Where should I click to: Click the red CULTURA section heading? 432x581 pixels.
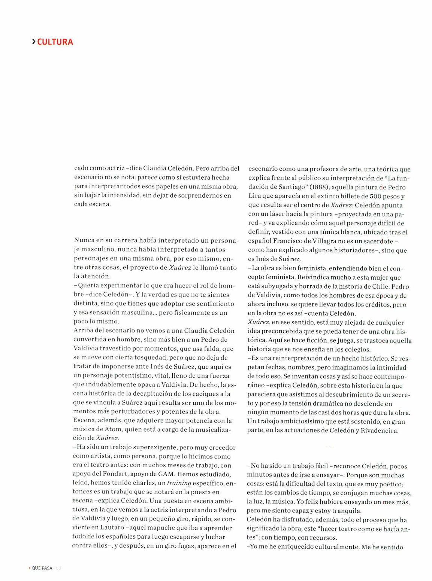click(55, 42)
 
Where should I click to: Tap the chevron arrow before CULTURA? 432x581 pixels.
click(34, 42)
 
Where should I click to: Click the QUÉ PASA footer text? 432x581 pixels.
click(42, 568)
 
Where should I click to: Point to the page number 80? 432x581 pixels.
click(58, 568)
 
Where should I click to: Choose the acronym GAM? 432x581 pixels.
click(166, 474)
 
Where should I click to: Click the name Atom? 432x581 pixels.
click(113, 429)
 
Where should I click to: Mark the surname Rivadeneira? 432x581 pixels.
click(379, 431)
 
